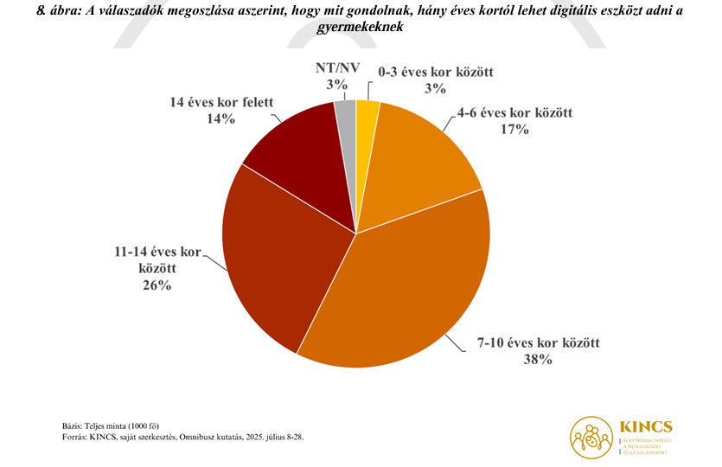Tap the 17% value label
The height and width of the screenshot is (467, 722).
(514, 130)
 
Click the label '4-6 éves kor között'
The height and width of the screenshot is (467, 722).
(514, 113)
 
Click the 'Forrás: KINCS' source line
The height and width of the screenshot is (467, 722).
(182, 437)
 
